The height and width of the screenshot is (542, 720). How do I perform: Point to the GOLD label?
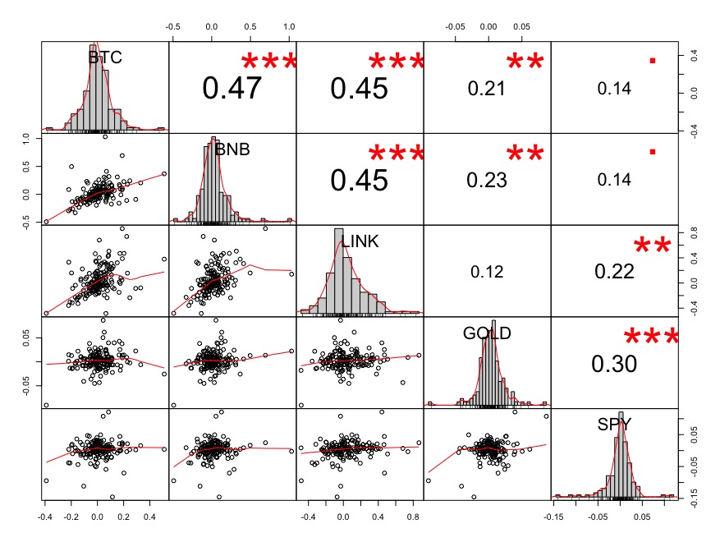point(486,333)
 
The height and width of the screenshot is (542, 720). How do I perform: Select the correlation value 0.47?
point(232,88)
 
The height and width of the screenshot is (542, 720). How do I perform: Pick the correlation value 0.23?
point(486,180)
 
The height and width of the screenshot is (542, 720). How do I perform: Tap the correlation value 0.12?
point(486,272)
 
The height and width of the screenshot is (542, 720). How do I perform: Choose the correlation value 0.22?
point(613,272)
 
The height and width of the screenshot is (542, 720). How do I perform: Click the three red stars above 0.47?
point(268,62)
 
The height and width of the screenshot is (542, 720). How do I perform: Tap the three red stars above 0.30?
point(652,338)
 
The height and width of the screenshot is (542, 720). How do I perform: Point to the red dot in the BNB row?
point(653,151)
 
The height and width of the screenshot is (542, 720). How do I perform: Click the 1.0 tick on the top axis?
point(289,26)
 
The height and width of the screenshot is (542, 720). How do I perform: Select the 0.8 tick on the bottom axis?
point(412,517)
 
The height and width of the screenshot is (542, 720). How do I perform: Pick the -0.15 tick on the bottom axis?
point(556,517)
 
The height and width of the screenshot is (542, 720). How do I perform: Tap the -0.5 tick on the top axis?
point(173,26)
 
